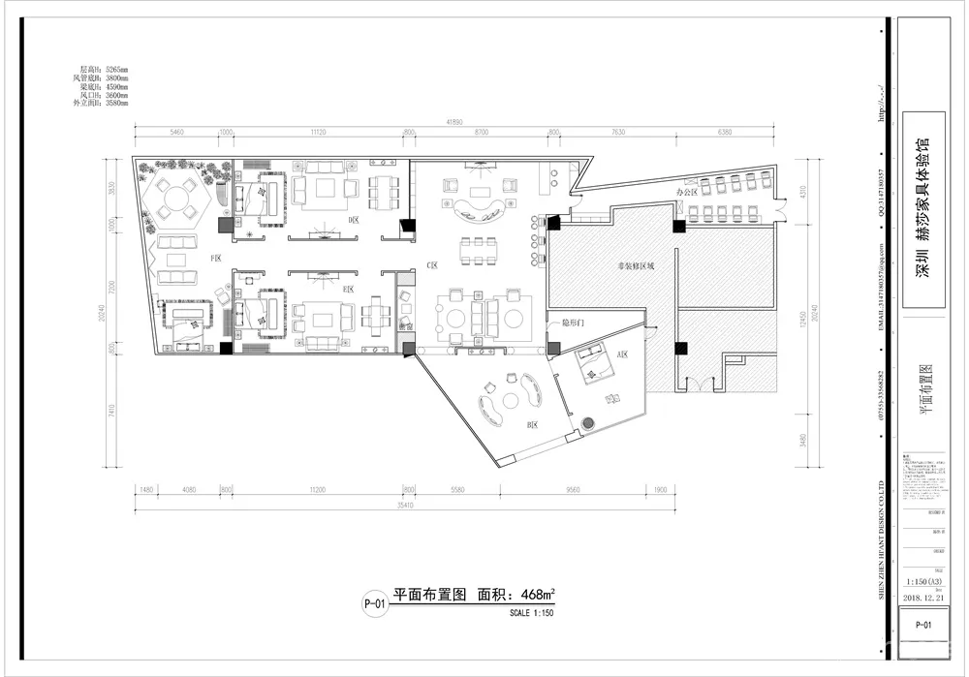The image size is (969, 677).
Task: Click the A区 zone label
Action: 621,354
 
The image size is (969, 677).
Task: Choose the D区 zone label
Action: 353,220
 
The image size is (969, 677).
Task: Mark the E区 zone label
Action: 347,290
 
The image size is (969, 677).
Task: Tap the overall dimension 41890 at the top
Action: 453,123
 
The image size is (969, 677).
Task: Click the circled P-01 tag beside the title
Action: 374,605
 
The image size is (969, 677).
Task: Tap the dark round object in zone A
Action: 587,422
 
